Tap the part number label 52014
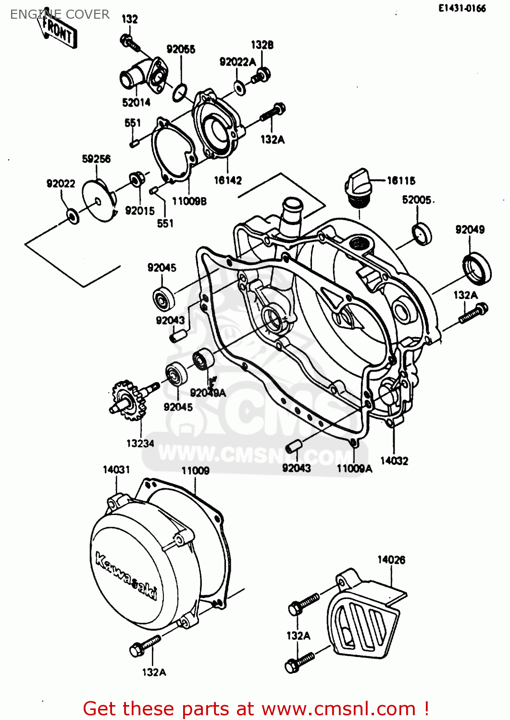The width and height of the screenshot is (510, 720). coord(136,102)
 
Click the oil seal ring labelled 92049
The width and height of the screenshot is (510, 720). coord(477,268)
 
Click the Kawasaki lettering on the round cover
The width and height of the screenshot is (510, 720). coord(126,576)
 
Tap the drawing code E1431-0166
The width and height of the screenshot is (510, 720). coord(462,8)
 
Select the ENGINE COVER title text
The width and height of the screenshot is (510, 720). coord(60,14)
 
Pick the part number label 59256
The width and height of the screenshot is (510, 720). coord(96,158)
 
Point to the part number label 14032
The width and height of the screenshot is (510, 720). coord(394,461)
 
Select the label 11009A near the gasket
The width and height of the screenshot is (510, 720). coord(354,468)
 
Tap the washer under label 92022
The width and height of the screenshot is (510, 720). coord(72,216)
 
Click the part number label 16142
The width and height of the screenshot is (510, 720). coord(228,180)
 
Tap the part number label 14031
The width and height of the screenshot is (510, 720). coord(116,469)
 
